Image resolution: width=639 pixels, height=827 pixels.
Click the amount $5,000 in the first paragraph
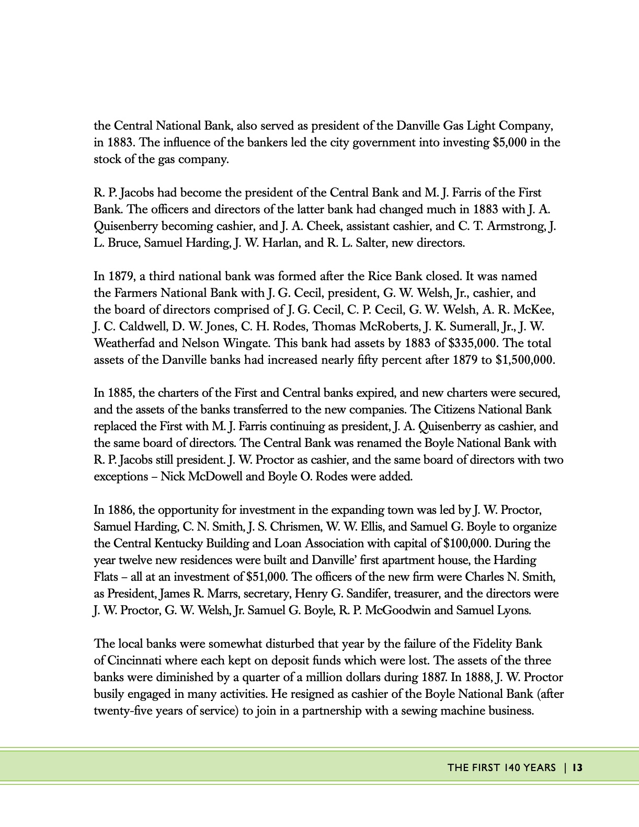pyautogui.click(x=509, y=143)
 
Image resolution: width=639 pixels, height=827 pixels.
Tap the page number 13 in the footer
pyautogui.click(x=577, y=767)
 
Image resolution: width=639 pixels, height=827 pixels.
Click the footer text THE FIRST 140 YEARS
pyautogui.click(x=501, y=767)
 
